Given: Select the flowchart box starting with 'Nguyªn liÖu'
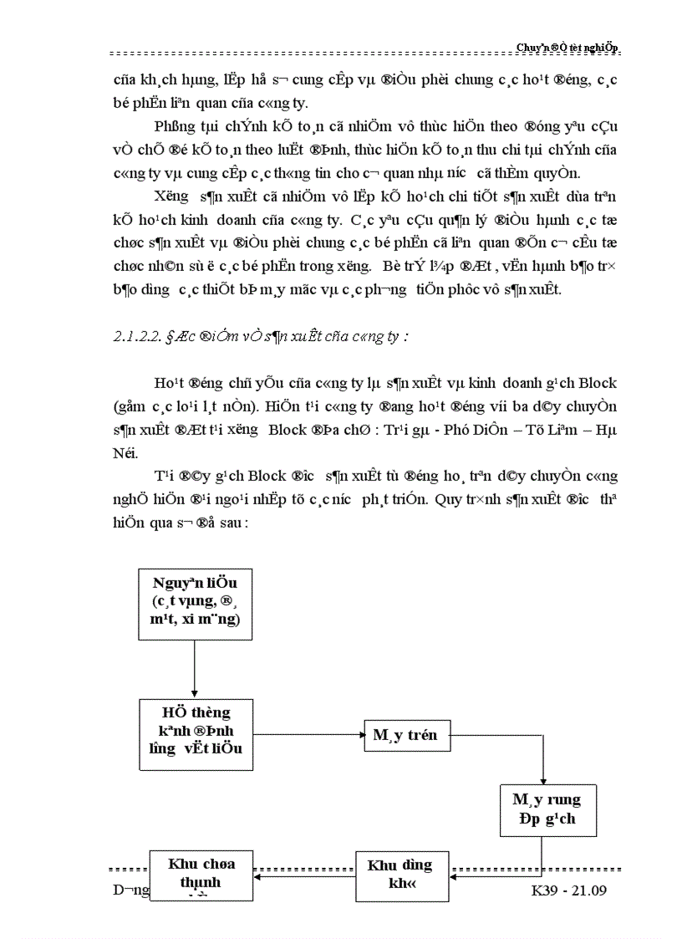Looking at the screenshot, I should click(194, 604).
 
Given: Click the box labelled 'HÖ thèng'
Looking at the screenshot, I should click(196, 734).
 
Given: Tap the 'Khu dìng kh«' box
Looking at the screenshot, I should click(403, 876).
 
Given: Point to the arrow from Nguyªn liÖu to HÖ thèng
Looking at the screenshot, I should click(194, 669).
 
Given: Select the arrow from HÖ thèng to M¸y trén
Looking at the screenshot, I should click(308, 736).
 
